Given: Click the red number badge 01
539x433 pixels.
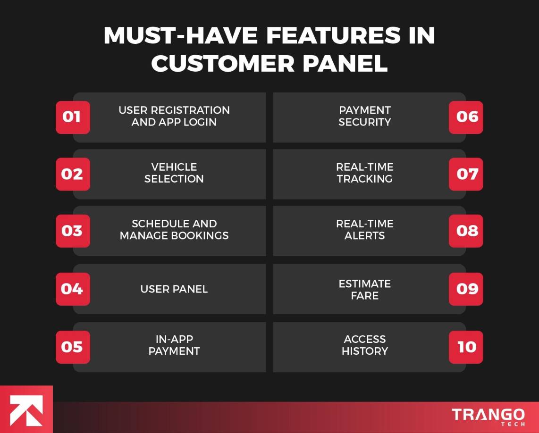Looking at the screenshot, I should [x=73, y=117].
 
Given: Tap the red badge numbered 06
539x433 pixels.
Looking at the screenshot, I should [x=466, y=117].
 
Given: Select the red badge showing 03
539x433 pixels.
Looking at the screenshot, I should [x=73, y=231].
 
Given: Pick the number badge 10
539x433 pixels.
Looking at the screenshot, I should [x=466, y=347].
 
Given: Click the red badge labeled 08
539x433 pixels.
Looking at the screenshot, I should [x=466, y=231].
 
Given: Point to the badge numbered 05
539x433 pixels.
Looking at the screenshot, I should [x=73, y=347].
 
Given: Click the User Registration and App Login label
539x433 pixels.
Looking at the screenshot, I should [x=174, y=116].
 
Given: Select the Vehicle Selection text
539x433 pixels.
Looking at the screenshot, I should [x=174, y=173].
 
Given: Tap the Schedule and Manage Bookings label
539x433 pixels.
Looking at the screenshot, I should [x=174, y=229].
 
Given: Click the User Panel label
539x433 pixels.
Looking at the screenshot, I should [x=174, y=289].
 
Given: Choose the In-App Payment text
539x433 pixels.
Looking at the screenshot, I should [x=174, y=345].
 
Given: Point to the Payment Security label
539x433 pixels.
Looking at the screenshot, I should [x=364, y=116].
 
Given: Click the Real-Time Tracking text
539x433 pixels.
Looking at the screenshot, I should [x=364, y=173].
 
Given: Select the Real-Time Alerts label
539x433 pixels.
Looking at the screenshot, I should [x=364, y=229].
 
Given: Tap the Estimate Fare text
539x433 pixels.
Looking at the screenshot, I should [x=364, y=290].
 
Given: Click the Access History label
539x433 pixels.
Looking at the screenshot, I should [x=364, y=345].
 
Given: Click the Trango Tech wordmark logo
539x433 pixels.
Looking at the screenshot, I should [x=488, y=416].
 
